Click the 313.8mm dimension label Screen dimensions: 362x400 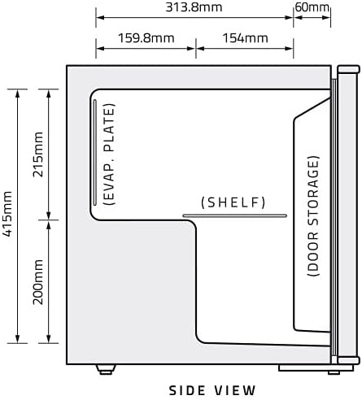tap(194, 7)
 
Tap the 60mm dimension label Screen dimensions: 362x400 tap(312, 7)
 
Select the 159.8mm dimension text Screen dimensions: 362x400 tap(146, 38)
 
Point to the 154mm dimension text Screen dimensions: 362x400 tap(246, 38)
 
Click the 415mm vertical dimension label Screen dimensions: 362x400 tap(7, 214)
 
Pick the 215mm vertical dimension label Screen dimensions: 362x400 tap(38, 154)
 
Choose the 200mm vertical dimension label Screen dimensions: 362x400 tap(38, 282)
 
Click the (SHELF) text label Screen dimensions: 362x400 tap(233, 202)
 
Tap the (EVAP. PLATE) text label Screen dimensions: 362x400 tap(110, 154)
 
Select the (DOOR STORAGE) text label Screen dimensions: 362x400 tap(313, 216)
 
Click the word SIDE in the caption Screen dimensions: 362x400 tap(187, 390)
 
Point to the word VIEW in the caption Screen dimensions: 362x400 tap(235, 390)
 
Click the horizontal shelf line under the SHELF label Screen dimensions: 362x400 tap(235, 215)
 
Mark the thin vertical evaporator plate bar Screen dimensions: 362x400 tap(95, 153)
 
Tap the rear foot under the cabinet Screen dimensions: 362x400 tap(106, 370)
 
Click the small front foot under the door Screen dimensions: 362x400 tap(334, 372)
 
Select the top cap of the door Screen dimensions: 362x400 tap(348, 69)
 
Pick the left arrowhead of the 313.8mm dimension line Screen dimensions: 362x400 tap(100, 18)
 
